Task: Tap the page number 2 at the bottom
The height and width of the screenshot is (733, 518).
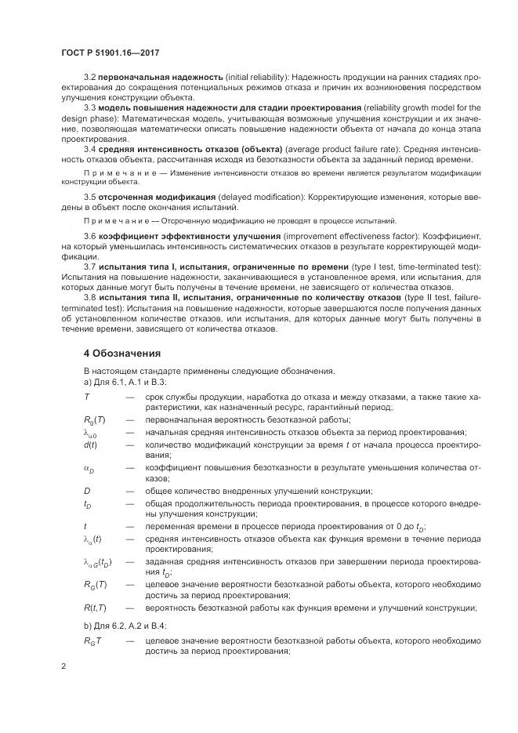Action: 63,666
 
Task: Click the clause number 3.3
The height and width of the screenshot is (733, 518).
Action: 89,107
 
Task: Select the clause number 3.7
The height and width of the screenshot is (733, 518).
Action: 89,267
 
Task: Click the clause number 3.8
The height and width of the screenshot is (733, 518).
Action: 89,298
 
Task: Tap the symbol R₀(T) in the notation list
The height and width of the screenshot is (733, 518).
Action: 95,420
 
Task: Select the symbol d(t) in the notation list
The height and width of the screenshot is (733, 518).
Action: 90,445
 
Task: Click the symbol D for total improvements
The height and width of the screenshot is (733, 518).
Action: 87,490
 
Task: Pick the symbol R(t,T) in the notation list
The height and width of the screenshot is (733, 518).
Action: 96,609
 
